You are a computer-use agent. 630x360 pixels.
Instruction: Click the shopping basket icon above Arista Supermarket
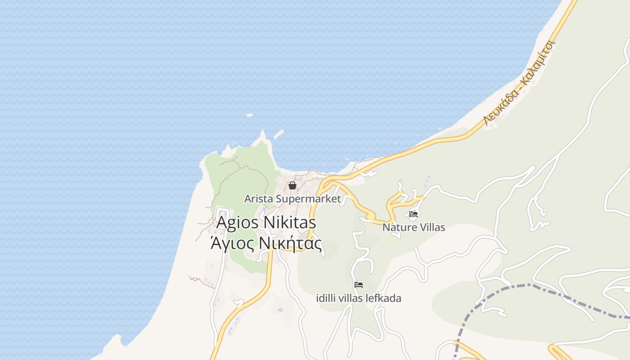point(292,185)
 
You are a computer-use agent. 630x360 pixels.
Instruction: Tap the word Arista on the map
point(258,198)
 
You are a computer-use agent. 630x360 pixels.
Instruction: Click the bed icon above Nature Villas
point(414,214)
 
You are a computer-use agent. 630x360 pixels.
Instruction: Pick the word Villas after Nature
point(431,227)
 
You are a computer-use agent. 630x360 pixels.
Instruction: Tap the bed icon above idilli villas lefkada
point(359,285)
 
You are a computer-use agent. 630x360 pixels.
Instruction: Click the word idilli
point(326,298)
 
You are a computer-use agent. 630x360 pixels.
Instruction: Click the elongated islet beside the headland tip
point(279,134)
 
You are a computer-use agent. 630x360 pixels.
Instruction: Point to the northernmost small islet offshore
point(249,115)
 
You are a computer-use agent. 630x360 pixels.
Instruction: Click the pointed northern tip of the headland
point(263,131)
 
